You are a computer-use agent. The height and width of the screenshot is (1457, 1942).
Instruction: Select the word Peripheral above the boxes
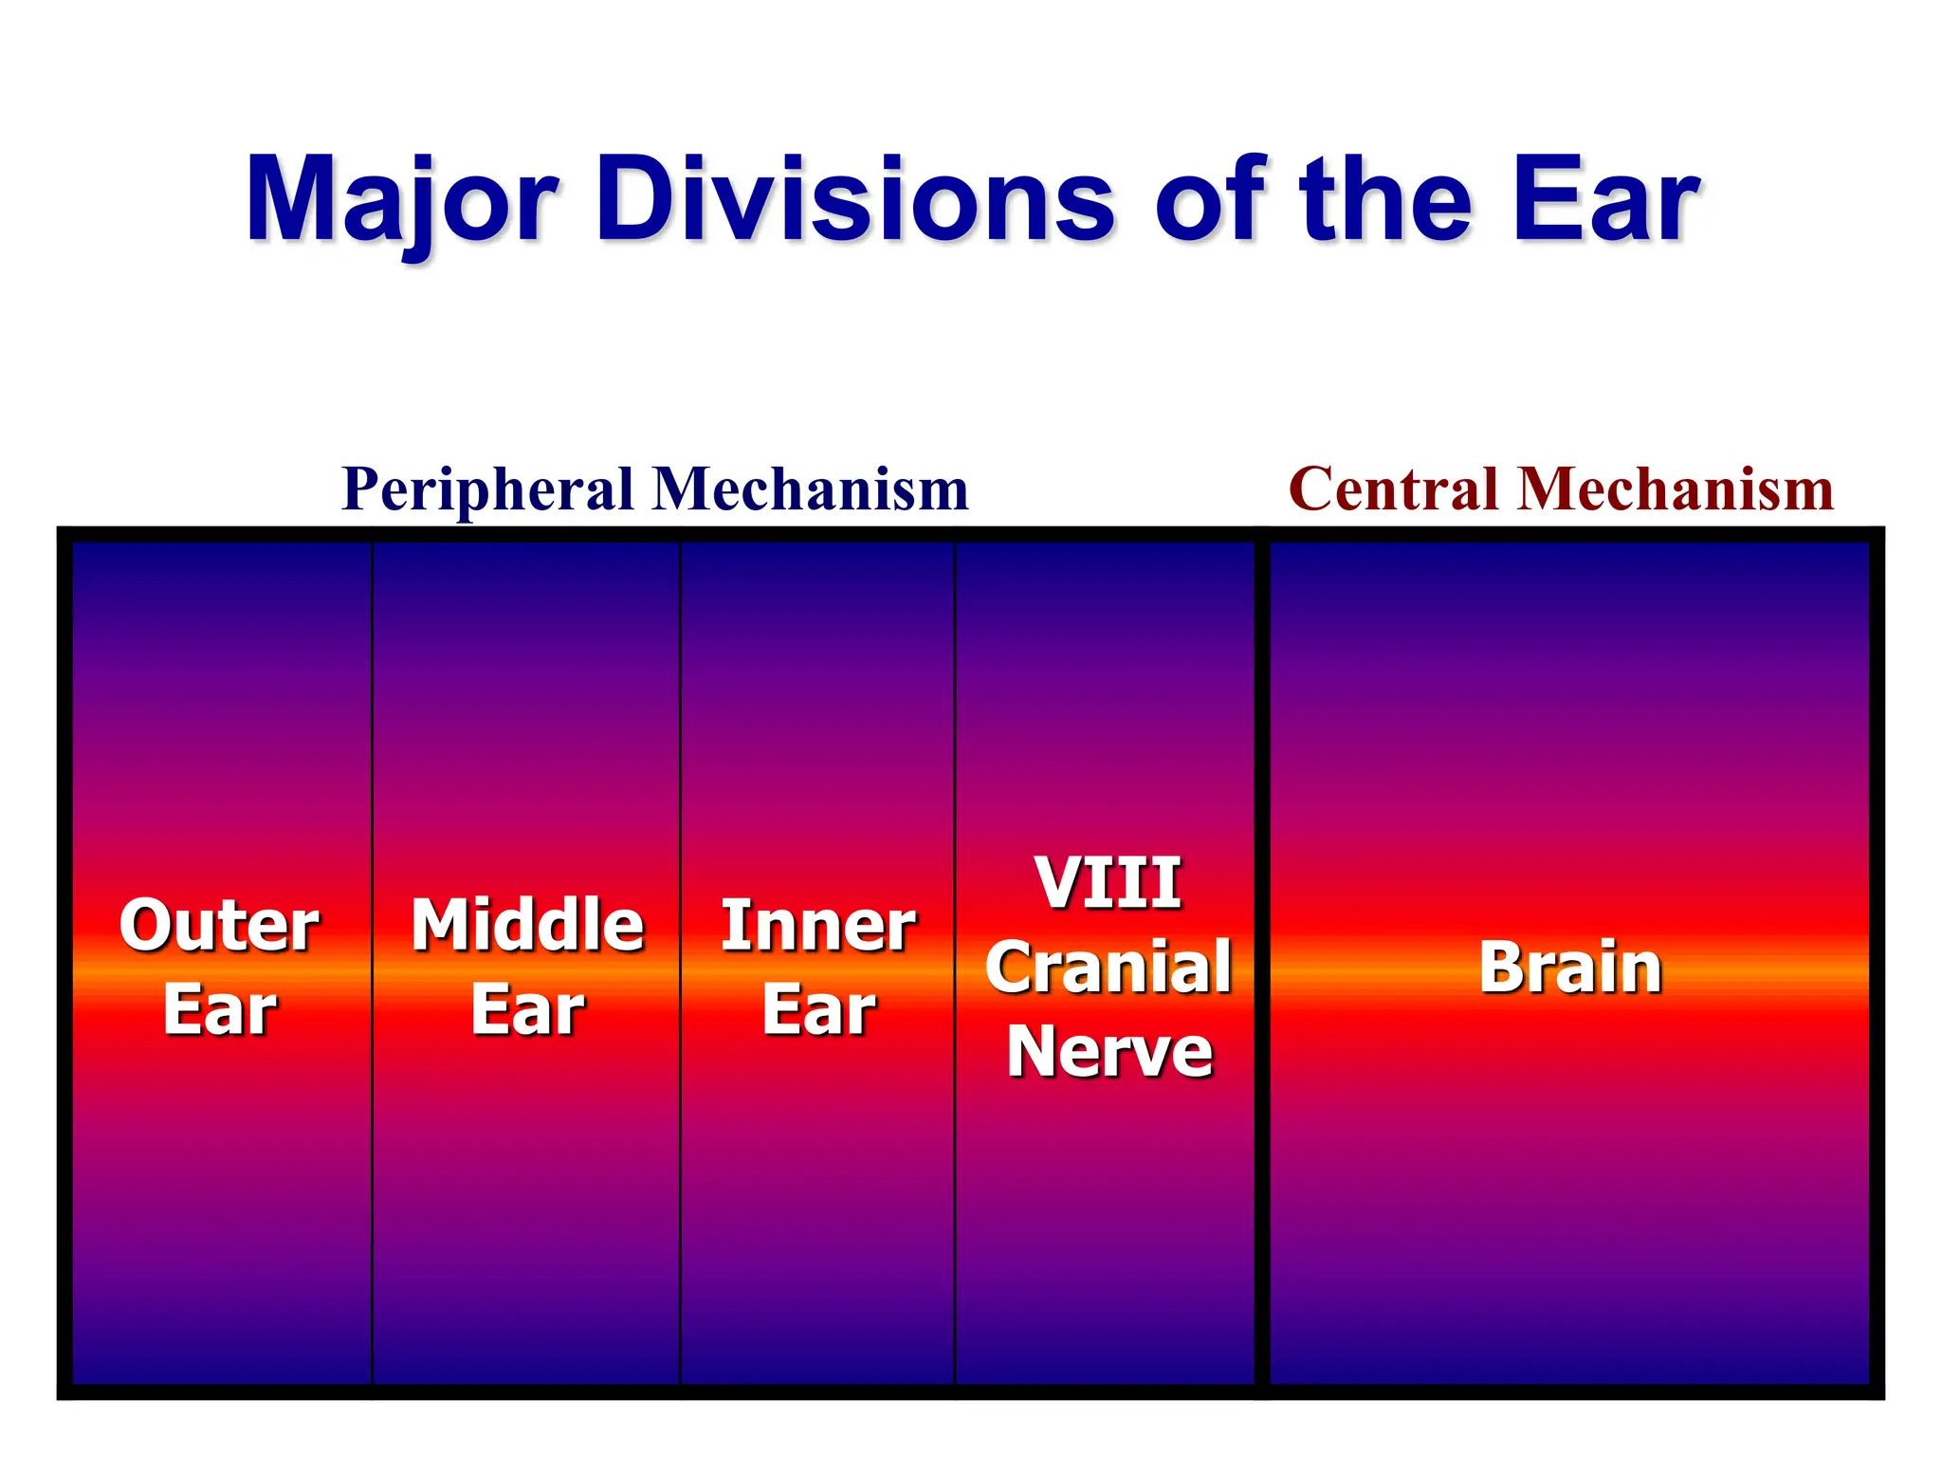coord(487,491)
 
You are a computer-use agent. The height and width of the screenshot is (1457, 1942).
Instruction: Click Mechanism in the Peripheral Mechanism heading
coord(811,491)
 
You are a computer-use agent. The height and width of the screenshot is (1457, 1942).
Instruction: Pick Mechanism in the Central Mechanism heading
coord(1676,491)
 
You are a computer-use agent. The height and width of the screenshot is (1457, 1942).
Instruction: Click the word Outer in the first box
coord(219,926)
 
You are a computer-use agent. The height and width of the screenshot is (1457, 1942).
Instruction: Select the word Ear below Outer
coord(219,1010)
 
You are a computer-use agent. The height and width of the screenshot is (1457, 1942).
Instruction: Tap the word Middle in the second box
coord(527,926)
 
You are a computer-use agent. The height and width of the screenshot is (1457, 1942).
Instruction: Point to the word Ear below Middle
coord(527,1010)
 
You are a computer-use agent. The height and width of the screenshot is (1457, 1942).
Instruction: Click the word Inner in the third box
coord(818,926)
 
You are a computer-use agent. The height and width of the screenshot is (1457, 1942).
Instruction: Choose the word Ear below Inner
coord(818,1010)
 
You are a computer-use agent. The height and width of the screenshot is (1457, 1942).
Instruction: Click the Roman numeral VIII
coord(1108,883)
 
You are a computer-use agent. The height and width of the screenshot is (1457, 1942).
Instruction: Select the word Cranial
coord(1108,968)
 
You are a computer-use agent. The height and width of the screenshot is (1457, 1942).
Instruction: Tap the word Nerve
coord(1109,1052)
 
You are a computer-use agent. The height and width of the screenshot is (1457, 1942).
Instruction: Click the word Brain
coord(1570,968)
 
